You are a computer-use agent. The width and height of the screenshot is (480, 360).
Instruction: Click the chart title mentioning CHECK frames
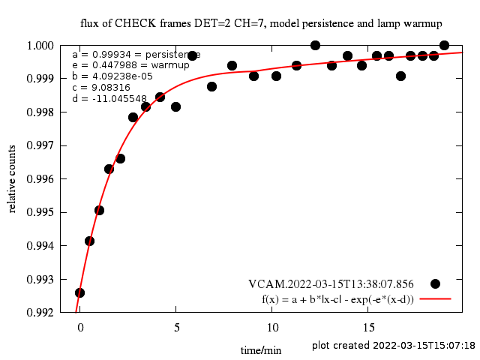click(261, 23)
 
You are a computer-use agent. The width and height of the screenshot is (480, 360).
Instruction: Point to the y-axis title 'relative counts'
click(13, 179)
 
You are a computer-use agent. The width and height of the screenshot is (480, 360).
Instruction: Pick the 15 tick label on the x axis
click(368, 328)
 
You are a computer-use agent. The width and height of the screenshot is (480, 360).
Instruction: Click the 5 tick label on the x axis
click(175, 328)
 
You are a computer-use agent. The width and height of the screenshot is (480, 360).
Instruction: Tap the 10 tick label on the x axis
click(271, 328)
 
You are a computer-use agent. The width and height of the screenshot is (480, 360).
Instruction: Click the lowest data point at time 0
click(79, 292)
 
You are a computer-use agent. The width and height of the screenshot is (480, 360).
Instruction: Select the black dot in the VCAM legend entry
click(435, 283)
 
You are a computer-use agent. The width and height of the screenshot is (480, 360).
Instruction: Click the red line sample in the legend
click(435, 298)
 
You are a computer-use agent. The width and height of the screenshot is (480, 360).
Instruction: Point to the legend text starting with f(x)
click(337, 298)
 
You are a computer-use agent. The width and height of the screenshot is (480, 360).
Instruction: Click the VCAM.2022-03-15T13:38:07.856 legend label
click(331, 284)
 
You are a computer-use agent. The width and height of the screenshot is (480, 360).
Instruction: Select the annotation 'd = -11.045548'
click(109, 98)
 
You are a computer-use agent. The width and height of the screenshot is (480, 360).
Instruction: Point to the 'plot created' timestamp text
click(394, 346)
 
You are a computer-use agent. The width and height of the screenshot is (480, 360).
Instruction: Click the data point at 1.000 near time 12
click(315, 46)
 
